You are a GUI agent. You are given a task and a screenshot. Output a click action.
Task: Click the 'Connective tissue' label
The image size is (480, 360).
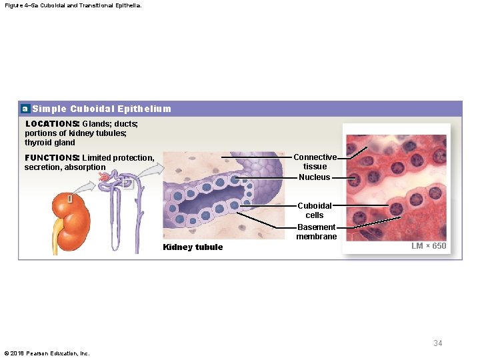click(x=315, y=162)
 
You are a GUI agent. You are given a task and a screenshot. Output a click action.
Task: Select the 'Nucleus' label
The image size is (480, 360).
click(x=314, y=177)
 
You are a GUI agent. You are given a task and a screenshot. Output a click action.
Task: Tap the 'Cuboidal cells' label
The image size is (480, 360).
click(x=314, y=211)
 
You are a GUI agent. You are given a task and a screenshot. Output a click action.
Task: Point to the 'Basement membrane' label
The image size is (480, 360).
click(x=317, y=232)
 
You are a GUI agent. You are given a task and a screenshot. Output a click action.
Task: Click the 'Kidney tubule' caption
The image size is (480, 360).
click(x=193, y=247)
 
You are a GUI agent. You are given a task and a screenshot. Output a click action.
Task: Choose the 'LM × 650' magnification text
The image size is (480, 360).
click(x=429, y=246)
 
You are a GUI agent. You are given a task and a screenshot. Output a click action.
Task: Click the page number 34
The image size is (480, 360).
click(x=437, y=343)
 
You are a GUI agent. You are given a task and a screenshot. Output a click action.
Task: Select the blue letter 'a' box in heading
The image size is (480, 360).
click(x=25, y=109)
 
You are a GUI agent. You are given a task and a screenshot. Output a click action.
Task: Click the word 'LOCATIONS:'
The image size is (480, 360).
click(x=52, y=124)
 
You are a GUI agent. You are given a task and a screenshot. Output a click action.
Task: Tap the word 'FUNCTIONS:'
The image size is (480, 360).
click(x=52, y=158)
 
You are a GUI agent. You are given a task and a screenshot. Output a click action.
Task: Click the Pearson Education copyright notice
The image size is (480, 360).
click(x=47, y=353)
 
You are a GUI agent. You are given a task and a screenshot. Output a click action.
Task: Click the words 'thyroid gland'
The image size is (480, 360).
click(x=50, y=143)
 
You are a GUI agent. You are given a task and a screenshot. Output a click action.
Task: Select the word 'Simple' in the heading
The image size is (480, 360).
click(x=49, y=109)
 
